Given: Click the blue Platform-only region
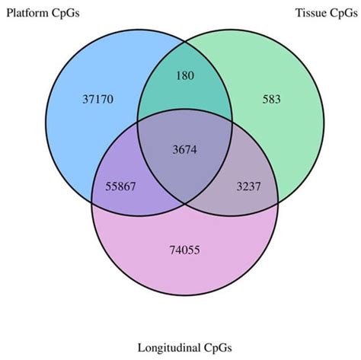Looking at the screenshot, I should (84, 129).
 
